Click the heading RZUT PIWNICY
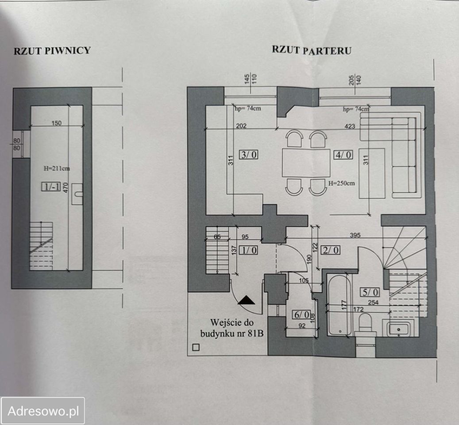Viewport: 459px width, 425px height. click(x=52, y=50)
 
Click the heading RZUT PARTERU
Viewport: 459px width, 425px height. click(x=312, y=50)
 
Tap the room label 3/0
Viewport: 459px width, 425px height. click(x=249, y=154)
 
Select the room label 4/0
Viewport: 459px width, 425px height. click(x=343, y=154)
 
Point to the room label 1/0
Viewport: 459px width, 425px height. click(x=248, y=250)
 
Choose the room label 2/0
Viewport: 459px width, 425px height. click(x=331, y=250)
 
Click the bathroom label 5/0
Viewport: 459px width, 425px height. click(x=370, y=292)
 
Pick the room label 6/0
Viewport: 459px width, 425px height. click(x=302, y=315)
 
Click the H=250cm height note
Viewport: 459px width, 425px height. click(x=341, y=184)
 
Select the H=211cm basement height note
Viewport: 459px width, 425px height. click(x=57, y=168)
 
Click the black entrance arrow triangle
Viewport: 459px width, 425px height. click(x=246, y=300)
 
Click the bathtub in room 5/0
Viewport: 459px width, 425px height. click(x=339, y=305)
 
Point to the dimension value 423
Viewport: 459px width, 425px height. click(x=350, y=126)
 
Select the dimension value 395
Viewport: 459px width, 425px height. click(x=355, y=235)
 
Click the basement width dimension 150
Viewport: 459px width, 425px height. click(x=57, y=123)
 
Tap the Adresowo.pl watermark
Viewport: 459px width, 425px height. click(x=43, y=411)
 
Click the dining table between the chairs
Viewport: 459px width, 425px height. click(x=306, y=163)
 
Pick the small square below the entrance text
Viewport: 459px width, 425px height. click(x=196, y=348)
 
